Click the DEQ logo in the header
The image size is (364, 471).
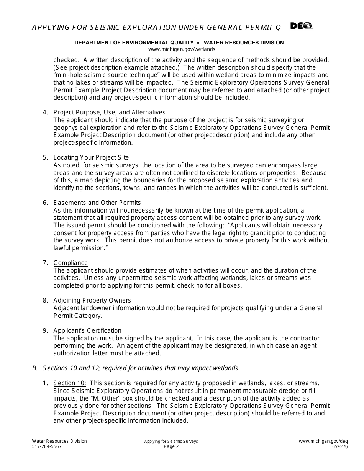(x=301, y=26)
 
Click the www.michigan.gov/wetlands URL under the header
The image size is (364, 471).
(x=182, y=49)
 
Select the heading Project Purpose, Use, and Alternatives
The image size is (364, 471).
(x=109, y=112)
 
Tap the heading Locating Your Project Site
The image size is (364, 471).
(x=91, y=158)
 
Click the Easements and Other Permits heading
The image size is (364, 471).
(x=97, y=203)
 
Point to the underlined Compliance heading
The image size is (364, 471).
(x=71, y=263)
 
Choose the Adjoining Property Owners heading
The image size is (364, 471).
(x=92, y=301)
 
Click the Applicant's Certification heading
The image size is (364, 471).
(x=87, y=330)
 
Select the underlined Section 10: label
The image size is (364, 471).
(x=70, y=383)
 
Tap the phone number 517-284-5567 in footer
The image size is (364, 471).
(x=47, y=446)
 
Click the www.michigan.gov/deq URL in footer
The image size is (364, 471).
(x=323, y=441)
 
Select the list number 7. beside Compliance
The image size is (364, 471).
(x=45, y=263)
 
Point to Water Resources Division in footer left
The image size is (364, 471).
(x=59, y=441)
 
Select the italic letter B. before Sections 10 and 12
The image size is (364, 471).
(x=35, y=368)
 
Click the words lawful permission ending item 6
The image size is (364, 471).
(x=80, y=248)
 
